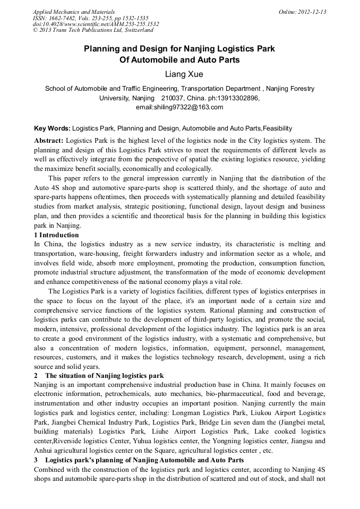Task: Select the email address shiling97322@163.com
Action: (x=179, y=107)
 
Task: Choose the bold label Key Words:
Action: (x=52, y=128)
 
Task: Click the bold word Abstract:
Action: (x=49, y=141)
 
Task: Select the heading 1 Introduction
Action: (x=56, y=235)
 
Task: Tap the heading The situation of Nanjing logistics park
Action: (x=104, y=376)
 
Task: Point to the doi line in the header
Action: (x=96, y=24)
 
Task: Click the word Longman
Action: (x=186, y=412)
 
